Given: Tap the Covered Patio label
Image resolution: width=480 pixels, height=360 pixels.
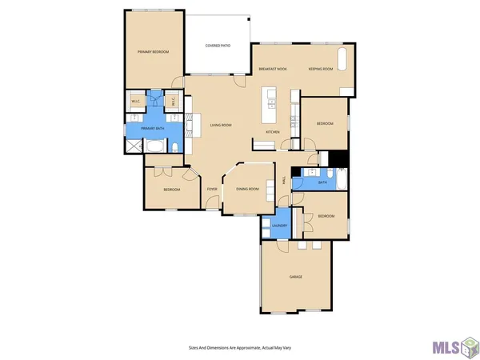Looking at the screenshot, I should point(218,46).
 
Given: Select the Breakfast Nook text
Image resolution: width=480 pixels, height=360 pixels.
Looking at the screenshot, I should point(273,70).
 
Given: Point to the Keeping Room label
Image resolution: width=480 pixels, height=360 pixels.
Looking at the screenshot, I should point(321,70).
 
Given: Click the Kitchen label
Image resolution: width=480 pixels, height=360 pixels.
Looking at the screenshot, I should point(273,131).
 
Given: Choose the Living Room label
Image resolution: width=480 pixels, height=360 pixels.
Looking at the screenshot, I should point(221,126).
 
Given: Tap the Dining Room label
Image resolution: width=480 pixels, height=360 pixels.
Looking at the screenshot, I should point(247,189).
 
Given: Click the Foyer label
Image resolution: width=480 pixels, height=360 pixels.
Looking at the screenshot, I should point(212,189).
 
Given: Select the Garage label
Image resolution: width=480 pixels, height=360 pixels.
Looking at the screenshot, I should point(295,276).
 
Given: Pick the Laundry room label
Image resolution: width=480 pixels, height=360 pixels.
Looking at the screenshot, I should point(279,226).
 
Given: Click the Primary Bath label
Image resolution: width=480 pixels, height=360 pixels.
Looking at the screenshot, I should point(153,128).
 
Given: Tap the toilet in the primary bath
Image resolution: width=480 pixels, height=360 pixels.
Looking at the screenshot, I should point(174,146).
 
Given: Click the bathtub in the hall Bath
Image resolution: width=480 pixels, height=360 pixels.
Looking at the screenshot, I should point(338,182).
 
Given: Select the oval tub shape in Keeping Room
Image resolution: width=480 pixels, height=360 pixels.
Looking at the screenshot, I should point(344,59).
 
